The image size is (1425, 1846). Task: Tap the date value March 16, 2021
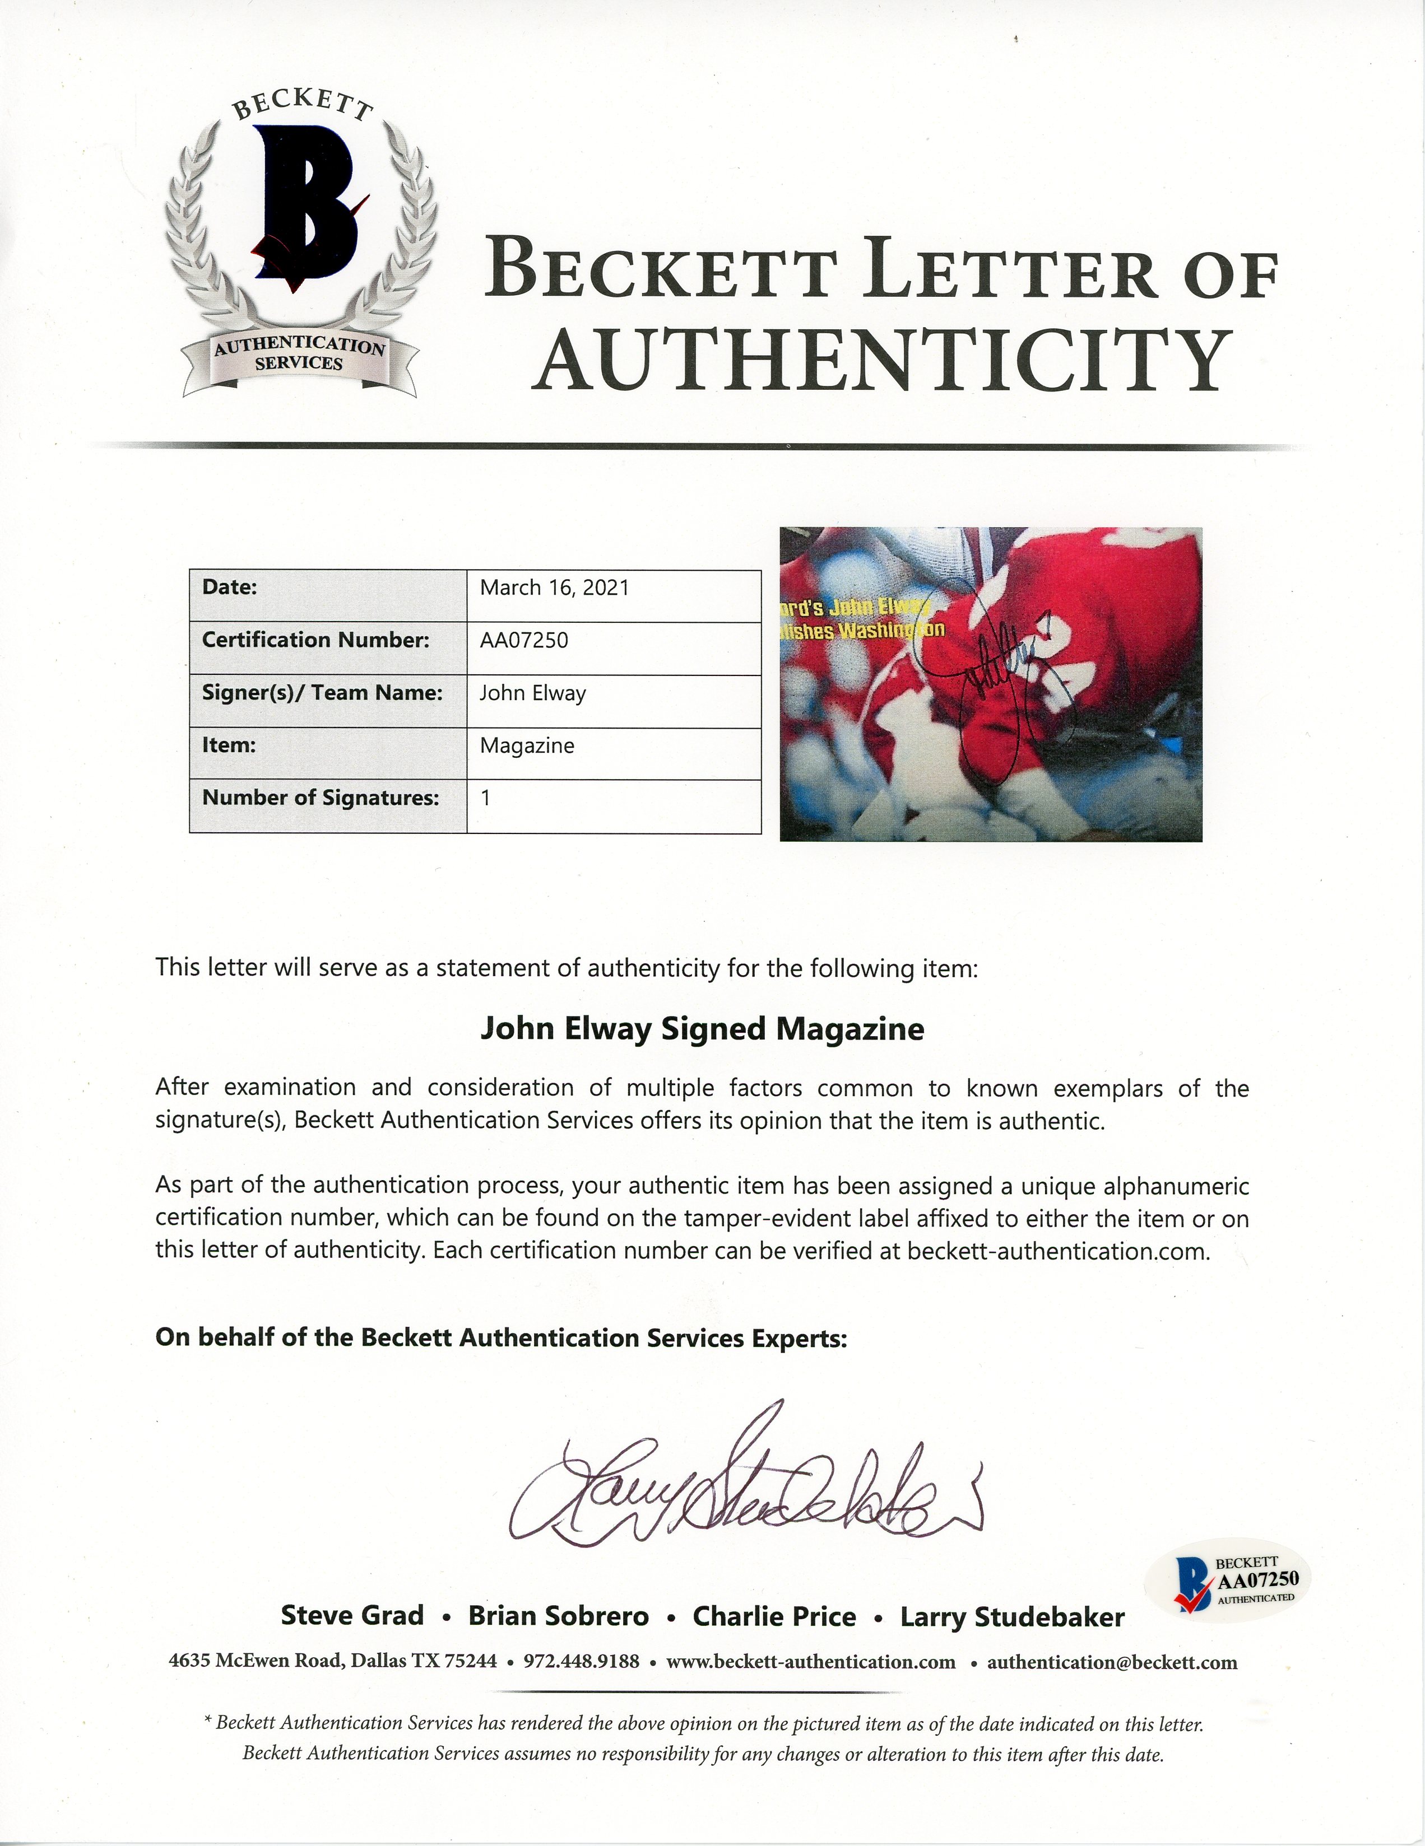(x=555, y=588)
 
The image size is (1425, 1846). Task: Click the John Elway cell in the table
(x=533, y=693)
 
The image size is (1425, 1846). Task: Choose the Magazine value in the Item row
(x=527, y=745)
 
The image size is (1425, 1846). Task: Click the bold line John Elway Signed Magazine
(x=702, y=1029)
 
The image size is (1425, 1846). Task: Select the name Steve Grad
(x=352, y=1615)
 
